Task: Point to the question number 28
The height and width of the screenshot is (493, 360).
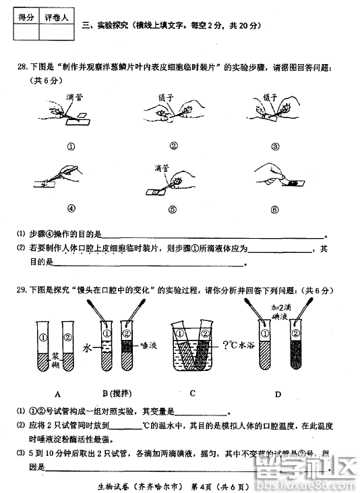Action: [22, 67]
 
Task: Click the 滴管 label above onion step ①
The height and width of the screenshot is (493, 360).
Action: [75, 97]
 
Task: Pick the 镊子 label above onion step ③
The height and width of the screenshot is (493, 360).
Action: [270, 96]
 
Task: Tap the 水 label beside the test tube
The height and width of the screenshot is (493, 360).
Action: [86, 348]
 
